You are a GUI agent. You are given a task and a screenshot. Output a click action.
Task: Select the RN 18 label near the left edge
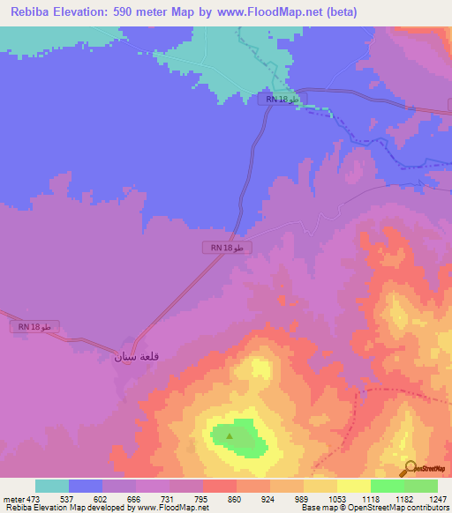pos(36,327)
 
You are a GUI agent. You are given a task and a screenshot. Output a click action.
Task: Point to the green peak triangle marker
pos(230,435)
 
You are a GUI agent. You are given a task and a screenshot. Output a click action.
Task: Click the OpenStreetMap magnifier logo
pos(409,468)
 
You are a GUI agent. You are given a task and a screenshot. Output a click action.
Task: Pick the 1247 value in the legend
pos(437,498)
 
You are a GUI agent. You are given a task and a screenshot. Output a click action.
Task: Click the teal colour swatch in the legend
pos(52,486)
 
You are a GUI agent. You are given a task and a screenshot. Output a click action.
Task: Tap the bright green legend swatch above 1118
pos(387,486)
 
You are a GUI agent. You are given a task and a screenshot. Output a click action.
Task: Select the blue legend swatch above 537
pos(86,486)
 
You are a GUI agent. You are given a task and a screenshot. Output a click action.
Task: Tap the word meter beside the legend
pos(14,498)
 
